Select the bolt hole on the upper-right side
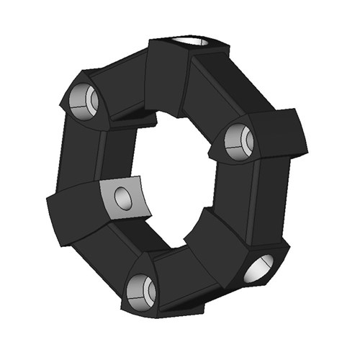pyautogui.click(x=238, y=141)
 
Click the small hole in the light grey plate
pyautogui.click(x=124, y=197)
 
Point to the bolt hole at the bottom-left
pyautogui.click(x=141, y=290)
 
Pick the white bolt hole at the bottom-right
pyautogui.click(x=261, y=269)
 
